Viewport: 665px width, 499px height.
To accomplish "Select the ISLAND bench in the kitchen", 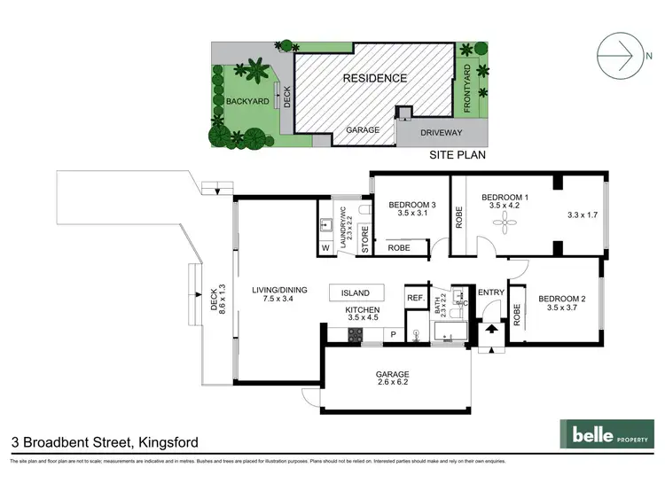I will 356,292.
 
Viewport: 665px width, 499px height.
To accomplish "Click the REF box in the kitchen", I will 415,299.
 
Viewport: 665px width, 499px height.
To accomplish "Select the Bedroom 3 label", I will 407,205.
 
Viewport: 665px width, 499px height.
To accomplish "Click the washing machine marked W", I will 325,247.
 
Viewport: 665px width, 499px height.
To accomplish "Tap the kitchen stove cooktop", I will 355,334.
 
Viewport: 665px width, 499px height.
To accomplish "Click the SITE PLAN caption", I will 458,153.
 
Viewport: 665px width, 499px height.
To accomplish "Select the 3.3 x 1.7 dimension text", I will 583,214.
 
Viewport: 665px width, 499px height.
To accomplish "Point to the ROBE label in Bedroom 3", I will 399,248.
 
